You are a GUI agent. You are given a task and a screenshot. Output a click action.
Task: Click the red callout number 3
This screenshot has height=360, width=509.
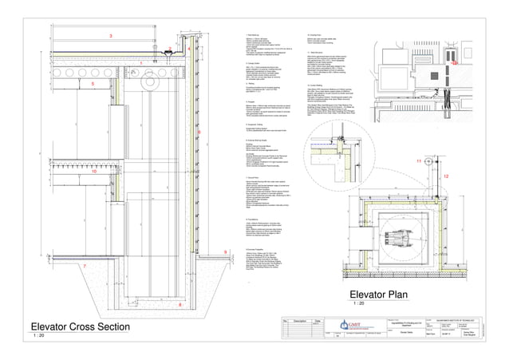click(111, 36)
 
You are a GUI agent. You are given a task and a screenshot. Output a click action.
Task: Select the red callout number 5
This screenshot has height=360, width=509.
click(93, 82)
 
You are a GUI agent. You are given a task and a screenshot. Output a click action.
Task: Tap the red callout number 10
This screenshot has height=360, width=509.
click(93, 170)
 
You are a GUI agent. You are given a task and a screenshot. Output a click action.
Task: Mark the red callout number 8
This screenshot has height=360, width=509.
click(180, 305)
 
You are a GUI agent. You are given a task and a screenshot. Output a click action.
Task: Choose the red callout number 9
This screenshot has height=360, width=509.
click(226, 252)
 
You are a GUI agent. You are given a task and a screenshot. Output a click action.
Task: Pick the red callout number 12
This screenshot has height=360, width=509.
click(446, 176)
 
